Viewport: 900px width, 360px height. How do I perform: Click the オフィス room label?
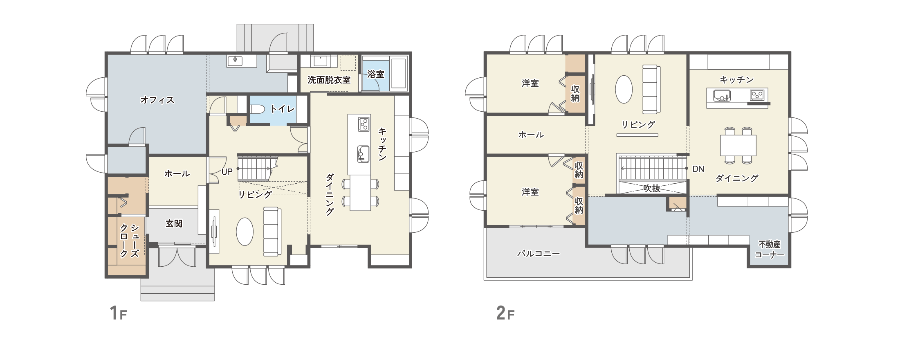coord(157,100)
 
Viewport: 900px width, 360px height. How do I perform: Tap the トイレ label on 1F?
coord(283,109)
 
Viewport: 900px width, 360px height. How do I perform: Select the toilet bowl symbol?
coord(257,109)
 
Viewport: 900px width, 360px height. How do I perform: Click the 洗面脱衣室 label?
coord(329,80)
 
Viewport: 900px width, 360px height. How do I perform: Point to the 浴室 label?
coord(376,74)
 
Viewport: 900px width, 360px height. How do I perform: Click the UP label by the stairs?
coord(227,172)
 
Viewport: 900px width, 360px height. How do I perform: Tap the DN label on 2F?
coord(698,169)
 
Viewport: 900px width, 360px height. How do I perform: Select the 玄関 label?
coord(174,223)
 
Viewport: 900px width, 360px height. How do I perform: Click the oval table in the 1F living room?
coord(245,232)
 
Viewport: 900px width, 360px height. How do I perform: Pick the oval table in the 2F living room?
coord(624,89)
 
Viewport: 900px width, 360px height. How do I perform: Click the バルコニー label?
coord(539,254)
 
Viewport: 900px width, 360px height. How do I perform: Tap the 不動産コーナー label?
coord(769,250)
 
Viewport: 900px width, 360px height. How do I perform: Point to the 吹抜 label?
coord(652,188)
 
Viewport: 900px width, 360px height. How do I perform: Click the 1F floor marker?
coord(118,313)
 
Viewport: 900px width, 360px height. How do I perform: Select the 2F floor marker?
coord(505,313)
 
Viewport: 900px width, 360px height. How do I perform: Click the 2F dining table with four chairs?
coord(738,145)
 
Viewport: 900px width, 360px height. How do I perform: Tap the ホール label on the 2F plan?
coord(531,135)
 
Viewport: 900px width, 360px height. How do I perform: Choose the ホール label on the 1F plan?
coord(177,173)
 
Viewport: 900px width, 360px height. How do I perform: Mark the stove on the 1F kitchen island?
coord(364,124)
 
